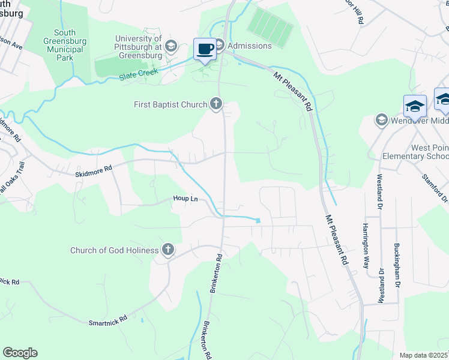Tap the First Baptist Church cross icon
point(216,104)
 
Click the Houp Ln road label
point(185,199)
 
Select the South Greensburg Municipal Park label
point(65,45)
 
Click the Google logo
point(20,353)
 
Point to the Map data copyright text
point(423,355)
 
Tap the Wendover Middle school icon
point(381,120)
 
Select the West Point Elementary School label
point(416,152)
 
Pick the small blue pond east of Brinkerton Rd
point(258,220)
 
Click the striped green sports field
point(271,23)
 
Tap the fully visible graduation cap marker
point(415,106)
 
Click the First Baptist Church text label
point(170,105)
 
